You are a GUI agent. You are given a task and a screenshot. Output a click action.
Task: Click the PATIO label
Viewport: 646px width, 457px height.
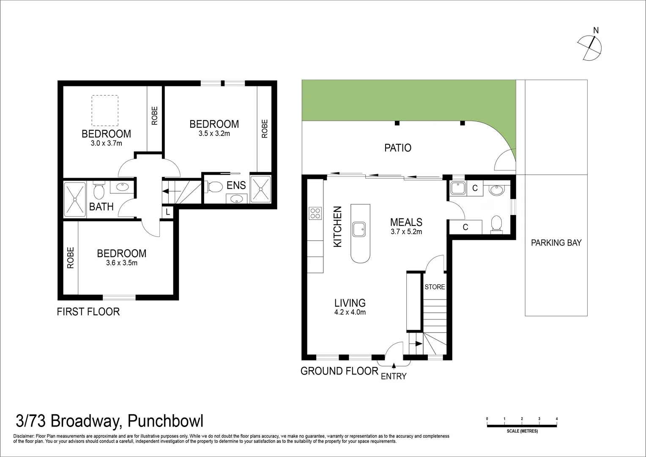click(398, 148)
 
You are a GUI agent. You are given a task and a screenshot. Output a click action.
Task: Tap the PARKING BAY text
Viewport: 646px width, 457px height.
click(556, 243)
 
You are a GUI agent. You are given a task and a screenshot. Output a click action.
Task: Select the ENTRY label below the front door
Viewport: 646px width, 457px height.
click(394, 376)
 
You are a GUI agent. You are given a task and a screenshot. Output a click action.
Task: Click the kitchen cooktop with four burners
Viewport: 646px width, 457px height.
click(315, 213)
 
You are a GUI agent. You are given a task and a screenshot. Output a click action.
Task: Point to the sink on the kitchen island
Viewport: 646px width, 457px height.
click(359, 229)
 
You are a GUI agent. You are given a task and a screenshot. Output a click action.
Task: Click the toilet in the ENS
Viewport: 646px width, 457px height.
click(214, 187)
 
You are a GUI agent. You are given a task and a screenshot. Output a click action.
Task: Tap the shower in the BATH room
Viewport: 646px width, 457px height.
click(75, 199)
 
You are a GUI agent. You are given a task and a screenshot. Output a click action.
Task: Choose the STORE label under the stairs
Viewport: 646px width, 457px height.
click(435, 287)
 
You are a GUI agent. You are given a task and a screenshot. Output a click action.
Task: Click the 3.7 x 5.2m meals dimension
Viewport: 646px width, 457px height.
click(406, 231)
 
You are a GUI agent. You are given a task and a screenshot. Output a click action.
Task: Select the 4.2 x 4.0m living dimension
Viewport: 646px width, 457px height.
click(350, 312)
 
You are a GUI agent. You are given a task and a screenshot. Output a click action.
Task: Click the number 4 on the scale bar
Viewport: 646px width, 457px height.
click(557, 418)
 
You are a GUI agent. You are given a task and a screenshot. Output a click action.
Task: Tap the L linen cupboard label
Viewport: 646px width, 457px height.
click(167, 212)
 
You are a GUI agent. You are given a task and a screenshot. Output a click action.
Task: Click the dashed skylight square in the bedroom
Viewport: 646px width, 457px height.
click(105, 110)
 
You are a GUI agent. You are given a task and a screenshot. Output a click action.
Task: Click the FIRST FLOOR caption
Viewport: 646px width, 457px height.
click(88, 312)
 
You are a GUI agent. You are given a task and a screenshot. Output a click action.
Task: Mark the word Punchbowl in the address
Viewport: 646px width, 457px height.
click(165, 421)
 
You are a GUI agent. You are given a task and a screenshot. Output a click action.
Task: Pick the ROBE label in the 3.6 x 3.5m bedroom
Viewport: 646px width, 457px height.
click(70, 258)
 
